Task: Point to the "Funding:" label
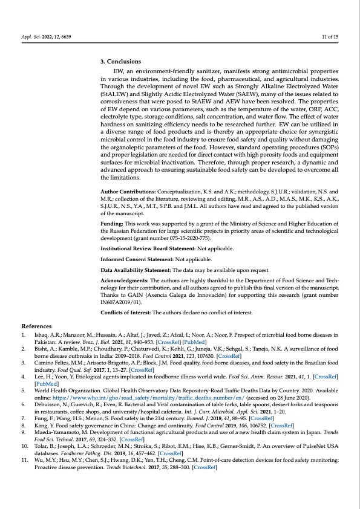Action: click(x=113, y=224)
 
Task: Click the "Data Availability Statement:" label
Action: click(x=136, y=274)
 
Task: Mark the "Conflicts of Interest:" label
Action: click(x=126, y=313)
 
